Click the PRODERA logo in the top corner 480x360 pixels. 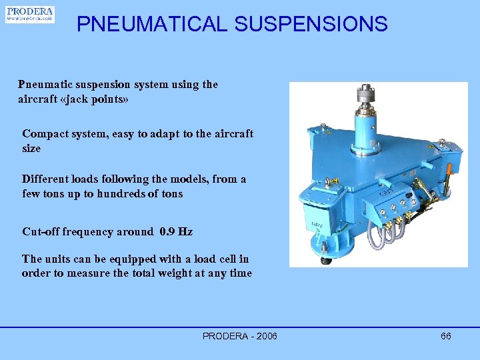30,15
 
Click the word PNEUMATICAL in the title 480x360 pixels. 152,25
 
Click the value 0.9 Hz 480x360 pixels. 176,232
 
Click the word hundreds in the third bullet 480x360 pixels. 125,193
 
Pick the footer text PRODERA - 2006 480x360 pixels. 240,336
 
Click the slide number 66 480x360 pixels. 446,336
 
